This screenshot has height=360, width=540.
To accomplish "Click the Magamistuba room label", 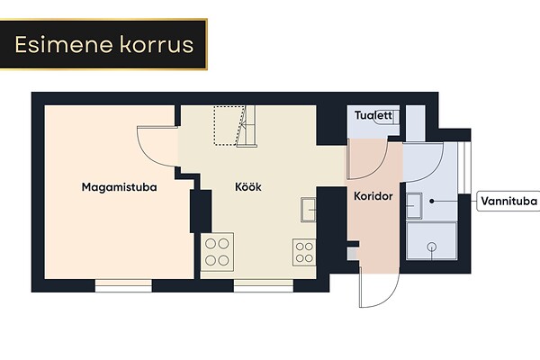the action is pos(119,187).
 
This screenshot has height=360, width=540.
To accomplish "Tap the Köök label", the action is pos(248,186).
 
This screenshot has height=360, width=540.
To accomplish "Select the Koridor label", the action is pos(373,196).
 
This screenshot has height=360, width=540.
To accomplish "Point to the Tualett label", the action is pos(373,115).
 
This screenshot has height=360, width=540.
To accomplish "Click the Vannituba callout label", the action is pos(508,201).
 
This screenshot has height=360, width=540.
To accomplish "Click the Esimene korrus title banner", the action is pos(103,44).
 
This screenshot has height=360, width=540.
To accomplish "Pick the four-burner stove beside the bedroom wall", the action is pos(217,252).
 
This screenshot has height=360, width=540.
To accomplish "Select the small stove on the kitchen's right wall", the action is pos(304,252).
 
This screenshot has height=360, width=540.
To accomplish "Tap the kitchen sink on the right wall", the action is pos(308,210).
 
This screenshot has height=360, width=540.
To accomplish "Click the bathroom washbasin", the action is pos(414,206).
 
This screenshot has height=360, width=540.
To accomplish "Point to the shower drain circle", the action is pos(431,247).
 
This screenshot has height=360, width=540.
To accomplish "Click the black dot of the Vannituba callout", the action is pos(431,201).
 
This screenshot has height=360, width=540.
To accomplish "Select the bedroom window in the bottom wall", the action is pos(123,285).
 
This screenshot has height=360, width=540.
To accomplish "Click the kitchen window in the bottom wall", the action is pos(264,285).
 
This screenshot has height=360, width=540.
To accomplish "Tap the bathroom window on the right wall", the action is pos(464,167).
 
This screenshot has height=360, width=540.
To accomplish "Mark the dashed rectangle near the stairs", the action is pos(227,125).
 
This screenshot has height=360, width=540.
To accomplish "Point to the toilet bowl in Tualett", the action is pos(387,117).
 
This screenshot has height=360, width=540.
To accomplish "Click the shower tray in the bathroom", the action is pos(431,241).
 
